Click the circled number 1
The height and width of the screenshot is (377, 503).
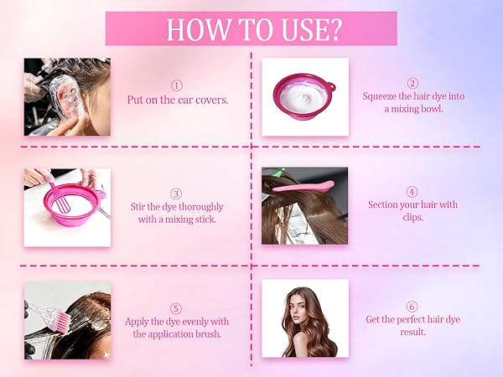177,85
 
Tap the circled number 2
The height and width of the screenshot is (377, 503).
412,83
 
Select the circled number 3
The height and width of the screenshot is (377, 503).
176,194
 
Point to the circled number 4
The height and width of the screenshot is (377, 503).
412,192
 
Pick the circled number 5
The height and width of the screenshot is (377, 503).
176,308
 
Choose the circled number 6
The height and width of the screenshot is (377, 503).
412,307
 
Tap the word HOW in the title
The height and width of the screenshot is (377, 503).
198,29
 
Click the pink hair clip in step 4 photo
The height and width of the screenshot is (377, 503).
303,187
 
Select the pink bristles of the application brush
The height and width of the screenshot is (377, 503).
65,317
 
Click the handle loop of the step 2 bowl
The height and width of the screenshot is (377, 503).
329,87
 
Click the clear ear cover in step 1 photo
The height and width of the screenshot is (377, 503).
65,96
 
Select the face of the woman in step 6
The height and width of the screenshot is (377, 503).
299,308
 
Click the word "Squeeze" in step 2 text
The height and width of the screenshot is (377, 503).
380,96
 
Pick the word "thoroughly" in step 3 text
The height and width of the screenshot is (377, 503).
200,207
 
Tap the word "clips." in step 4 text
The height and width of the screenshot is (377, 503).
412,217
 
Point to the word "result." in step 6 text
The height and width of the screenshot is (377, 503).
412,332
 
